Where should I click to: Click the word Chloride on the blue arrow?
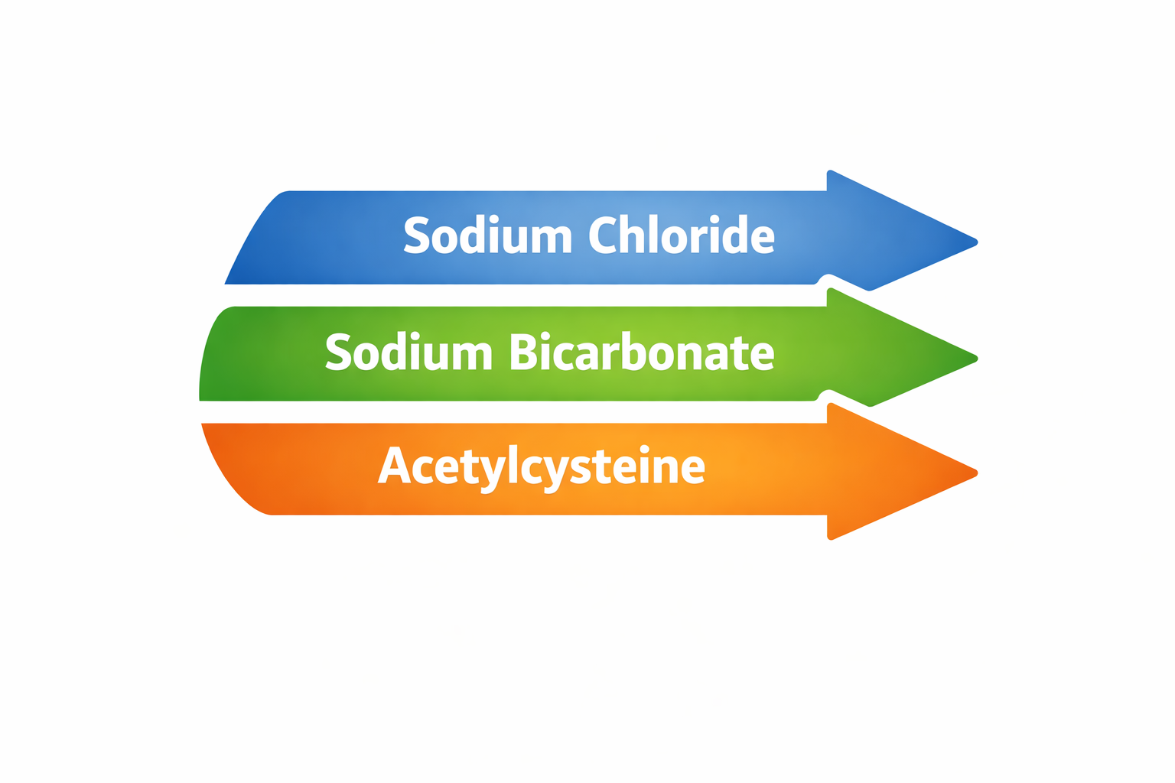click(681, 236)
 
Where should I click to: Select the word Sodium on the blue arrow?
click(488, 236)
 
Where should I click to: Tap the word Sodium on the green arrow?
click(408, 353)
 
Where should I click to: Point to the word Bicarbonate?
click(642, 353)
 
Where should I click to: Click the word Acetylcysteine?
click(541, 466)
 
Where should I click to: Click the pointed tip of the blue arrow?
click(975, 242)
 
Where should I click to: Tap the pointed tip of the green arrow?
click(975, 357)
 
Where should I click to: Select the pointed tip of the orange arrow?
click(975, 472)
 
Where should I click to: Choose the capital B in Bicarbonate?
click(523, 353)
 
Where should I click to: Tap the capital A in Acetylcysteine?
click(394, 465)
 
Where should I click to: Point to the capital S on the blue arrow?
click(417, 236)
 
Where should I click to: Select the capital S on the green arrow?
click(338, 353)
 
